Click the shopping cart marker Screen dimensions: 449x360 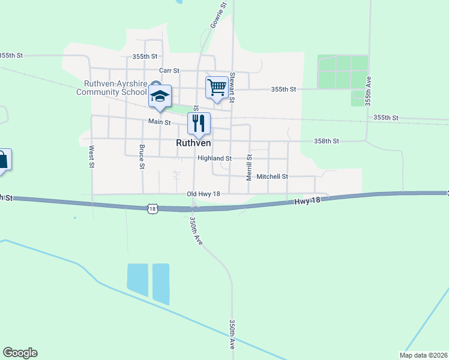[217, 88]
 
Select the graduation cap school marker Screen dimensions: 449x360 [160, 96]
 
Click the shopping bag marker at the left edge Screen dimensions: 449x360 [3, 160]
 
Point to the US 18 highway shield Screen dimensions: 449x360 [153, 208]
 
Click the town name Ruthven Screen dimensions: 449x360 [193, 143]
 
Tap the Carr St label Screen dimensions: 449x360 [169, 71]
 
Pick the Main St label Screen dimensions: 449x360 [160, 122]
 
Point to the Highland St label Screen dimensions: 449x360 [215, 158]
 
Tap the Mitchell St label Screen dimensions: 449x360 [273, 177]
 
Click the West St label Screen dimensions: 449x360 [92, 156]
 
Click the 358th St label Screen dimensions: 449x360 [327, 141]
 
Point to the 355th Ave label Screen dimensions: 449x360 [369, 91]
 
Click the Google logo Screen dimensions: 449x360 [20, 353]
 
